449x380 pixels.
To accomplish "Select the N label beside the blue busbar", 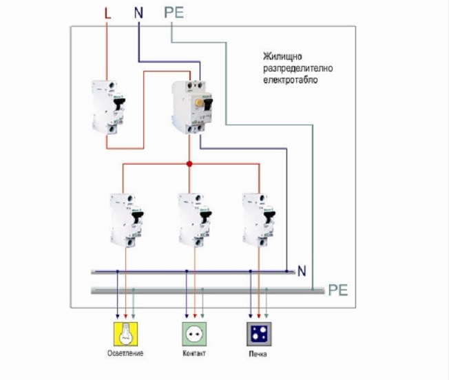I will tap(301, 272).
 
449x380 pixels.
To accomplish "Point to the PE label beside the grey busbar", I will tap(337, 291).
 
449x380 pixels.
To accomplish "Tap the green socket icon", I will tap(193, 332).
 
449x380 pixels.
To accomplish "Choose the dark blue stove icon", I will tap(260, 332).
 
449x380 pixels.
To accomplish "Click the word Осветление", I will tap(125, 355).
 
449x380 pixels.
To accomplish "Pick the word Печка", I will tap(259, 355).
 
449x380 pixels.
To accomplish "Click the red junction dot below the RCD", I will tap(189, 165).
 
